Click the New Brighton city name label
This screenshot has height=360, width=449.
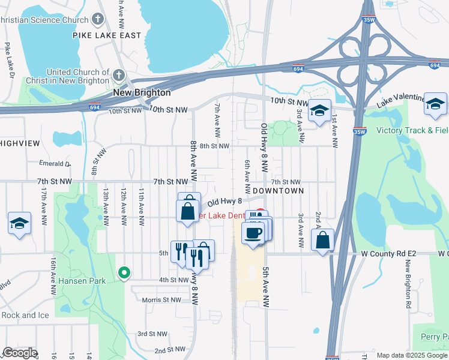pyautogui.click(x=142, y=93)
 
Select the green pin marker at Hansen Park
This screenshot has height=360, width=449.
pyautogui.click(x=124, y=273)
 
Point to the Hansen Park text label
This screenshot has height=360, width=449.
pyautogui.click(x=82, y=280)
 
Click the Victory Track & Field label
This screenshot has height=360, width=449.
pyautogui.click(x=412, y=130)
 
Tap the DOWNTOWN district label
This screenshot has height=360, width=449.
pyautogui.click(x=278, y=190)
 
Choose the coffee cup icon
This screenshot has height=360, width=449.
pyautogui.click(x=253, y=232)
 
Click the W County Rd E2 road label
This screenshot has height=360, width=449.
pyautogui.click(x=393, y=254)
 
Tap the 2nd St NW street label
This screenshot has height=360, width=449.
pyautogui.click(x=170, y=349)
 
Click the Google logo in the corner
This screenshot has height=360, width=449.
pyautogui.click(x=20, y=353)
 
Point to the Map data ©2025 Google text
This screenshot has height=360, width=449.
pyautogui.click(x=412, y=355)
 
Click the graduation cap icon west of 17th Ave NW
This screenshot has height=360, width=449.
pyautogui.click(x=20, y=224)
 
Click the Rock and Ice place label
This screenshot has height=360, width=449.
pyautogui.click(x=26, y=315)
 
